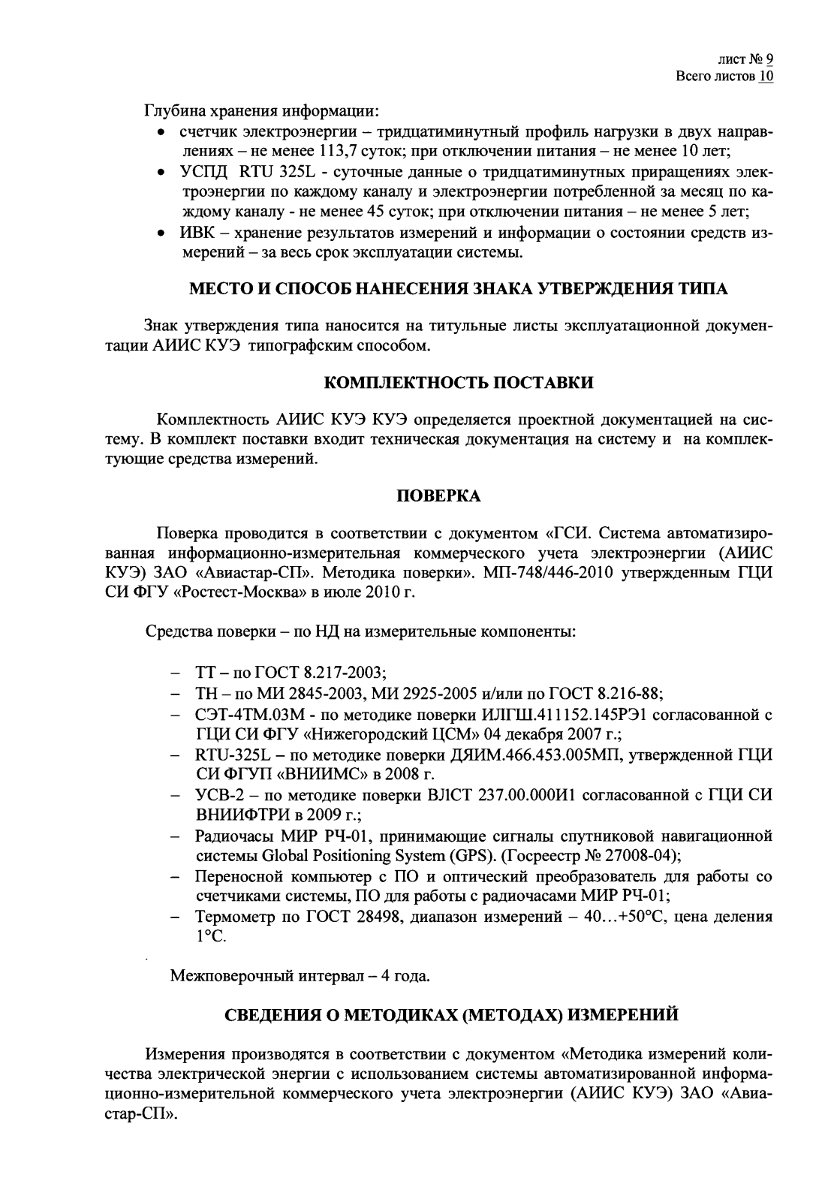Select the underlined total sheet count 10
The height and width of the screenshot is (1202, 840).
[x=766, y=77]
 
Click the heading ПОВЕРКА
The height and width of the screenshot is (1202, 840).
[x=438, y=496]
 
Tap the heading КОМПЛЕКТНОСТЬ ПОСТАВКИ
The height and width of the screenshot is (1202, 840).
[x=459, y=383]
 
